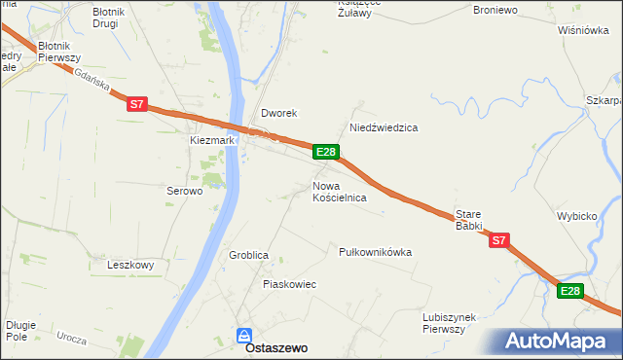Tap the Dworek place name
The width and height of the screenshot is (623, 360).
(277, 113)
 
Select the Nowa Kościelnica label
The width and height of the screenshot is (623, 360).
(339, 192)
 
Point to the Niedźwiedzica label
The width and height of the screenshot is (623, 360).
(384, 128)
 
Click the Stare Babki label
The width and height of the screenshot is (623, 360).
(469, 220)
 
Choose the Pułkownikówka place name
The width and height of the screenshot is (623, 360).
(375, 252)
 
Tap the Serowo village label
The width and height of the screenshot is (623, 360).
(184, 192)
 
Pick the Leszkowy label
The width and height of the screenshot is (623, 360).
(131, 265)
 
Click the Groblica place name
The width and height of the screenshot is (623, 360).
(248, 255)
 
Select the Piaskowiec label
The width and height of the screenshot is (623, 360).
(289, 284)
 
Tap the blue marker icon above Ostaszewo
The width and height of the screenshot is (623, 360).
(244, 335)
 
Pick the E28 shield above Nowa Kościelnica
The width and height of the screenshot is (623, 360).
(326, 152)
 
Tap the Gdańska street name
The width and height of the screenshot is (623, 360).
(91, 85)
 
